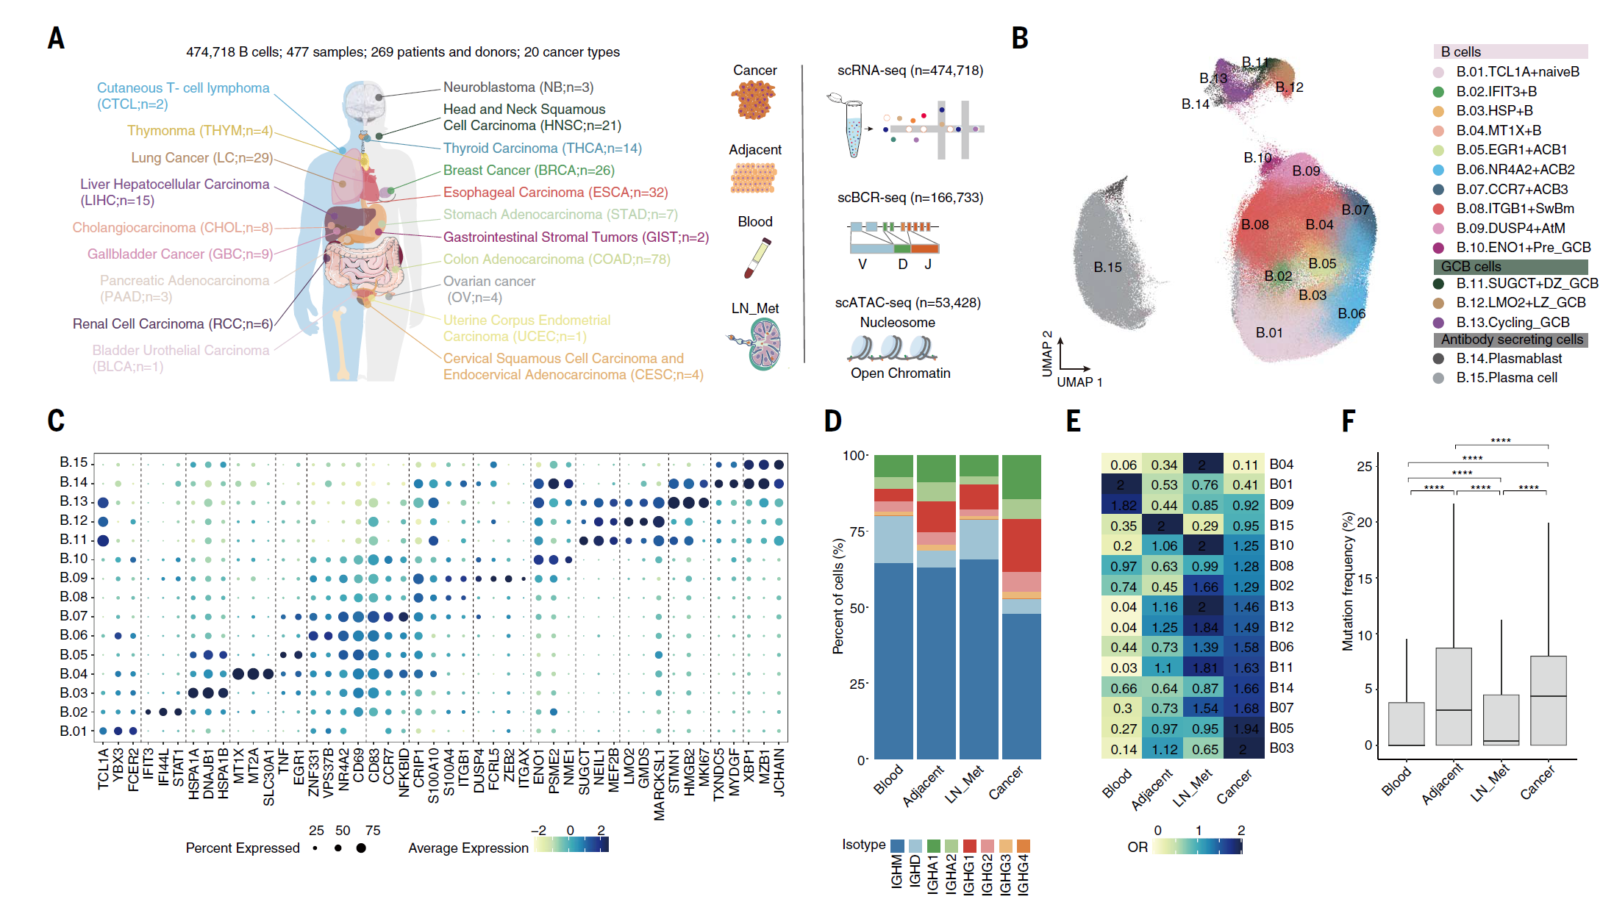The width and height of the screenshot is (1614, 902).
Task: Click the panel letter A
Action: [56, 38]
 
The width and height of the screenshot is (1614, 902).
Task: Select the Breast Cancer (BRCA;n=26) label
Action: [528, 171]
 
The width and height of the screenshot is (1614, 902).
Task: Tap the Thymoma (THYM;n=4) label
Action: [199, 131]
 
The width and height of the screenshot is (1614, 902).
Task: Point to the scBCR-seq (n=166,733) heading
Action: [910, 198]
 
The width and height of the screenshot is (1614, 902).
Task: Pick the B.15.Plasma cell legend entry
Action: [1506, 378]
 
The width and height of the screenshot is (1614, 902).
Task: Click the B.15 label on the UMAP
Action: [1107, 268]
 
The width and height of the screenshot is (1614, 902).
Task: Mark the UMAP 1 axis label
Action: [1079, 382]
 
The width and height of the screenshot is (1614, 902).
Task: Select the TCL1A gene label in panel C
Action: [103, 769]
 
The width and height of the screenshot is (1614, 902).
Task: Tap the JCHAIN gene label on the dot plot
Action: [779, 773]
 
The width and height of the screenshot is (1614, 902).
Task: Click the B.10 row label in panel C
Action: [74, 559]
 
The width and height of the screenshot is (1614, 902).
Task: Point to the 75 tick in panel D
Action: [857, 531]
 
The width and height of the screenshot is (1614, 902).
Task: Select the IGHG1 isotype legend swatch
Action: [970, 846]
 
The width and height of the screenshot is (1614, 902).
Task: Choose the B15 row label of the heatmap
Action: [1282, 526]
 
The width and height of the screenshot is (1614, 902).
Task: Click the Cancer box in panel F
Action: [1548, 700]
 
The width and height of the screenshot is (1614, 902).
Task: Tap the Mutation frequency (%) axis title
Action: [1348, 581]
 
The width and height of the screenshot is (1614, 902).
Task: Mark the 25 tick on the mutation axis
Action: [1364, 467]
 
